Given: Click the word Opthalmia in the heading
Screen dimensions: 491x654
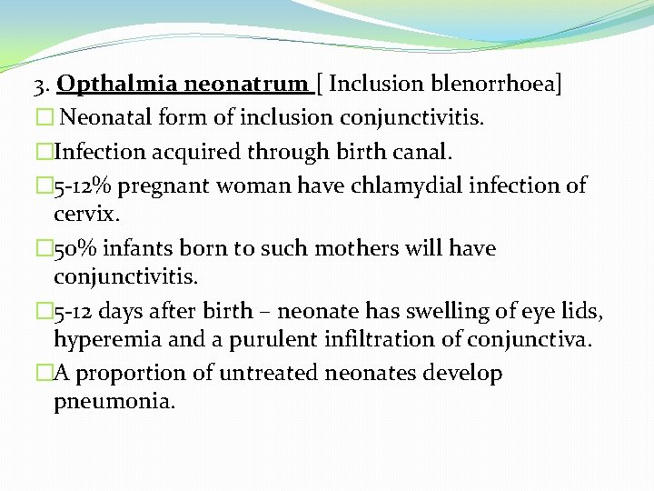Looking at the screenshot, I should point(116,85).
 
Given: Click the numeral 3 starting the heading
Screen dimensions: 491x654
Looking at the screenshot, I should point(38,85).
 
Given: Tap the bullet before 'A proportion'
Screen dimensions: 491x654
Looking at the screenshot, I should point(45,373).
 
